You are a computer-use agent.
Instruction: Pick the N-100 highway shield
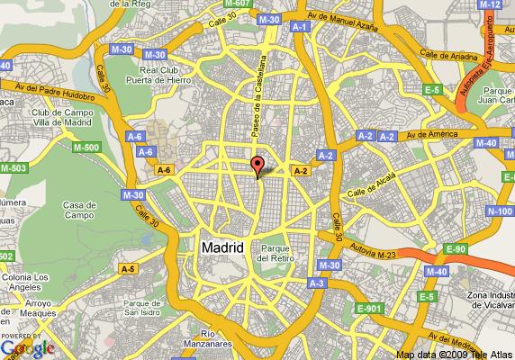click(x=501, y=211)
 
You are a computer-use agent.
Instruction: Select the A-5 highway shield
click(x=129, y=267)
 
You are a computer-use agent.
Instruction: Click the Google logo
click(x=27, y=346)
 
